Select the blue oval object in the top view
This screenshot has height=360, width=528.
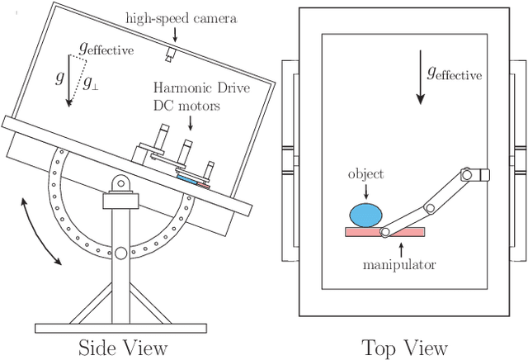[x=366, y=216]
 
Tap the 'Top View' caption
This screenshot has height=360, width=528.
[x=404, y=347]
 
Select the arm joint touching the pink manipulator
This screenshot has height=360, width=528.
[x=384, y=232]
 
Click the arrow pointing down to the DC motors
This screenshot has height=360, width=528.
[x=191, y=122]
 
